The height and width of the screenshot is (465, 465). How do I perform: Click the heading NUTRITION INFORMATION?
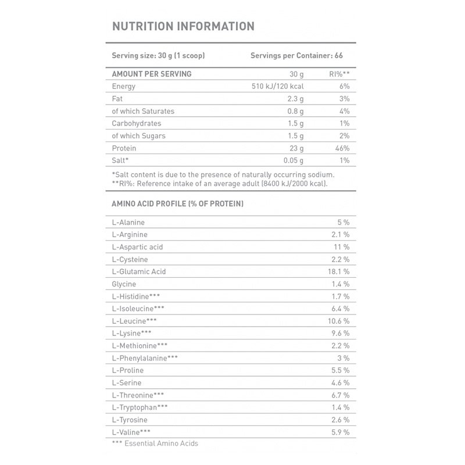pyautogui.click(x=183, y=26)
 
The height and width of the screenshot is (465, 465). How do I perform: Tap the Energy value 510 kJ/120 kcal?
pyautogui.click(x=277, y=87)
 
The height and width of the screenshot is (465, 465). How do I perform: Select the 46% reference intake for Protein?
pyautogui.click(x=341, y=148)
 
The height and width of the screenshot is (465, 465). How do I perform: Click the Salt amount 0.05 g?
pyautogui.click(x=293, y=160)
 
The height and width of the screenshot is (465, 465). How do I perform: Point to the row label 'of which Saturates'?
pyautogui.click(x=143, y=111)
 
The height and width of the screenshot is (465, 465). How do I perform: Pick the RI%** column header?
pyautogui.click(x=338, y=74)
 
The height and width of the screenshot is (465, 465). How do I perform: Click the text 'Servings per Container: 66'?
pyautogui.click(x=299, y=56)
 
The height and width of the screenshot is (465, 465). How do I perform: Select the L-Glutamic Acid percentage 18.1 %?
pyautogui.click(x=338, y=271)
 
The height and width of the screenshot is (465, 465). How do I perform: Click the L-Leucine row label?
pyautogui.click(x=134, y=321)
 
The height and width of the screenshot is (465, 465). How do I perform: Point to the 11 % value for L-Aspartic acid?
pyautogui.click(x=341, y=247)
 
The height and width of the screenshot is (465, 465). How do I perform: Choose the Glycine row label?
pyautogui.click(x=124, y=284)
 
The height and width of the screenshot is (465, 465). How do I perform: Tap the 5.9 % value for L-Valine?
pyautogui.click(x=339, y=431)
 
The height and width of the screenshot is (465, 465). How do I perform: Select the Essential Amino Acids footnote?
pyautogui.click(x=155, y=443)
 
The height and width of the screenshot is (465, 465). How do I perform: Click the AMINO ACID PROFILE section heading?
pyautogui.click(x=177, y=204)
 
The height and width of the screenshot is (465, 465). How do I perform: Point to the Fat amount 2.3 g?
pyautogui.click(x=295, y=99)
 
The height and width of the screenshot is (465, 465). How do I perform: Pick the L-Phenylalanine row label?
pyautogui.click(x=145, y=357)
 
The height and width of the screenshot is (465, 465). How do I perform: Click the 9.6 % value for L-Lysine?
pyautogui.click(x=339, y=333)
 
